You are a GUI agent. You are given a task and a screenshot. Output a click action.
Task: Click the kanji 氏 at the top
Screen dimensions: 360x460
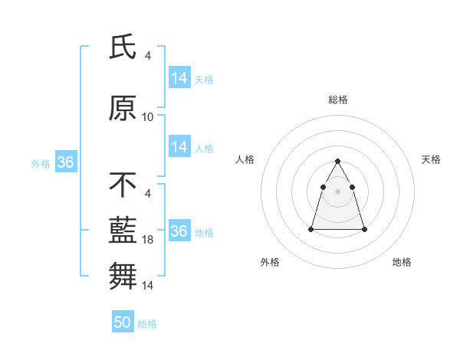[x=123, y=47]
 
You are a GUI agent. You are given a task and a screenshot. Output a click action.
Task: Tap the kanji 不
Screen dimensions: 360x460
[x=123, y=185]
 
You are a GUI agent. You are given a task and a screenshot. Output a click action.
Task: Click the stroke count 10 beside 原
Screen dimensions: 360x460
[x=148, y=117]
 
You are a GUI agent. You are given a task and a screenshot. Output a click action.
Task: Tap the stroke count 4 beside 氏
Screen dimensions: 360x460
[x=148, y=56]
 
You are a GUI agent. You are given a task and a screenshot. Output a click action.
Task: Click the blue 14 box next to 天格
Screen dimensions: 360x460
[x=179, y=78]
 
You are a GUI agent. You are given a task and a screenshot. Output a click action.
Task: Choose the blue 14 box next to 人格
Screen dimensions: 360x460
[x=179, y=147]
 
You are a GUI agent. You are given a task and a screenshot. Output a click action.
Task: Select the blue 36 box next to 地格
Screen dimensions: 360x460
[x=179, y=231]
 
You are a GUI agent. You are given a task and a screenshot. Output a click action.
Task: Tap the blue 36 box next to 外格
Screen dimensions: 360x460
[x=65, y=162]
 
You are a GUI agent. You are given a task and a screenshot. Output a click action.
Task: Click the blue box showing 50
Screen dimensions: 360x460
[x=123, y=322]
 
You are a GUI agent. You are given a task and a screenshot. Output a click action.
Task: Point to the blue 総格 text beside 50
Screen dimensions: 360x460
[x=148, y=324]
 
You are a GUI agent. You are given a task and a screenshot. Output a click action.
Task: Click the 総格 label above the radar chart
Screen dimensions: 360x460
[x=337, y=100]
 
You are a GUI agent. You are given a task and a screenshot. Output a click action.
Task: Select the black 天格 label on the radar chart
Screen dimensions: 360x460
[x=431, y=159]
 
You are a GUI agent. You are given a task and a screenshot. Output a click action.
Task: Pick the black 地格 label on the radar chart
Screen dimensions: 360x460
[x=402, y=262]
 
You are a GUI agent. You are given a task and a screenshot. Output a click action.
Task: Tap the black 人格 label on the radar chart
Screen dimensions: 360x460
[x=245, y=159]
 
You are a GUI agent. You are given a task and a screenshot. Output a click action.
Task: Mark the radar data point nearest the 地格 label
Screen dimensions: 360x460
[x=364, y=229]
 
